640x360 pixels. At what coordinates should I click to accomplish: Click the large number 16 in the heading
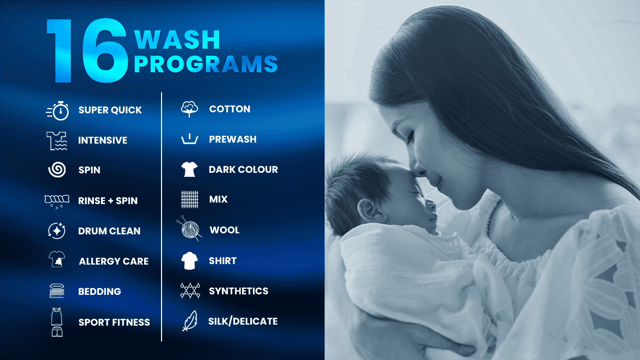[87, 51]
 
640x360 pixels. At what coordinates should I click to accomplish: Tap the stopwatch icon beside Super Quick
[58, 110]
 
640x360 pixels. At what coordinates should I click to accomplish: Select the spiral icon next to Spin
[57, 170]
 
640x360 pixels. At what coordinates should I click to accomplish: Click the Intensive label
[103, 141]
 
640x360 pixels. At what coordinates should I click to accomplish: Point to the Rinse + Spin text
[108, 201]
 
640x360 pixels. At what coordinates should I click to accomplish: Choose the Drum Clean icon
[56, 231]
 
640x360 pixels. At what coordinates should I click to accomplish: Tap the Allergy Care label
[113, 262]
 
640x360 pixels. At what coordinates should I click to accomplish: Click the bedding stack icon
[57, 291]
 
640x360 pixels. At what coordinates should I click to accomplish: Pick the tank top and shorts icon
[56, 323]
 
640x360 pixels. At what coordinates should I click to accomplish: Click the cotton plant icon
[189, 109]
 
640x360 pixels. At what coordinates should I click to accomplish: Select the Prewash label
[232, 139]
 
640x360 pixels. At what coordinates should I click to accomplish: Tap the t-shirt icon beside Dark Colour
[189, 169]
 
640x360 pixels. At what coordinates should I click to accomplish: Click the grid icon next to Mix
[189, 199]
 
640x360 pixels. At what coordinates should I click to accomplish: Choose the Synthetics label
[238, 291]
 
